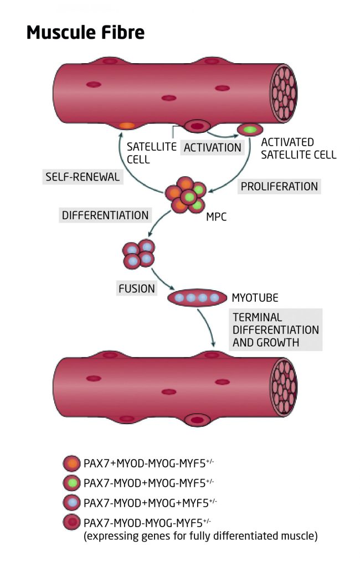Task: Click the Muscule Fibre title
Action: pyautogui.click(x=85, y=33)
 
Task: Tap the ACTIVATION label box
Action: pyautogui.click(x=212, y=147)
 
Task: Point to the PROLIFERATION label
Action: pyautogui.click(x=279, y=186)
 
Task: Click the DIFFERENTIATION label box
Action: pyautogui.click(x=105, y=215)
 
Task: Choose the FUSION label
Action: pyautogui.click(x=136, y=288)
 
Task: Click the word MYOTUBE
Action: pyautogui.click(x=255, y=298)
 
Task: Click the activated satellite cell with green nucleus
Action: pyautogui.click(x=250, y=130)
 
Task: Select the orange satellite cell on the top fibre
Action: pyautogui.click(x=126, y=125)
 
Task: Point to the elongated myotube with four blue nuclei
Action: pyautogui.click(x=197, y=298)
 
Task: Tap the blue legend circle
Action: pyautogui.click(x=72, y=502)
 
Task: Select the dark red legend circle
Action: pyautogui.click(x=72, y=523)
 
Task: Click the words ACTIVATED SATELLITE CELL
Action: pyautogui.click(x=298, y=148)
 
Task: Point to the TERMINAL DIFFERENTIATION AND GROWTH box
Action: pyautogui.click(x=275, y=330)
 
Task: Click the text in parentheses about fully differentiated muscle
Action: pyautogui.click(x=200, y=536)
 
